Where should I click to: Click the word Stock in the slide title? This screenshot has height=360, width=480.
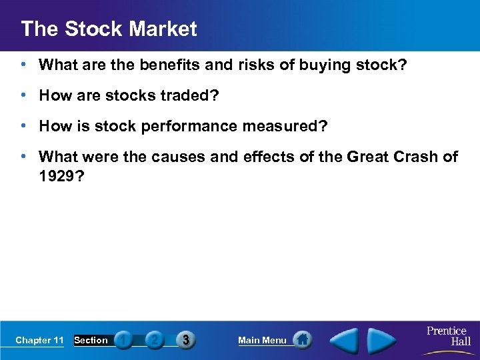click(x=95, y=29)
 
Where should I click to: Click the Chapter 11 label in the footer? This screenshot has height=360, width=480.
click(x=39, y=340)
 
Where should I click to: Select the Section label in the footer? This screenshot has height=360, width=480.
click(x=91, y=340)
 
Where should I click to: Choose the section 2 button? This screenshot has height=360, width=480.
click(x=154, y=340)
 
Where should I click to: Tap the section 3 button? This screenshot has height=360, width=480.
click(x=185, y=340)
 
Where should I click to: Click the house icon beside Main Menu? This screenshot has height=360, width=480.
click(x=303, y=340)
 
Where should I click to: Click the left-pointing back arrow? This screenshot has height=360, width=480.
click(x=346, y=341)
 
